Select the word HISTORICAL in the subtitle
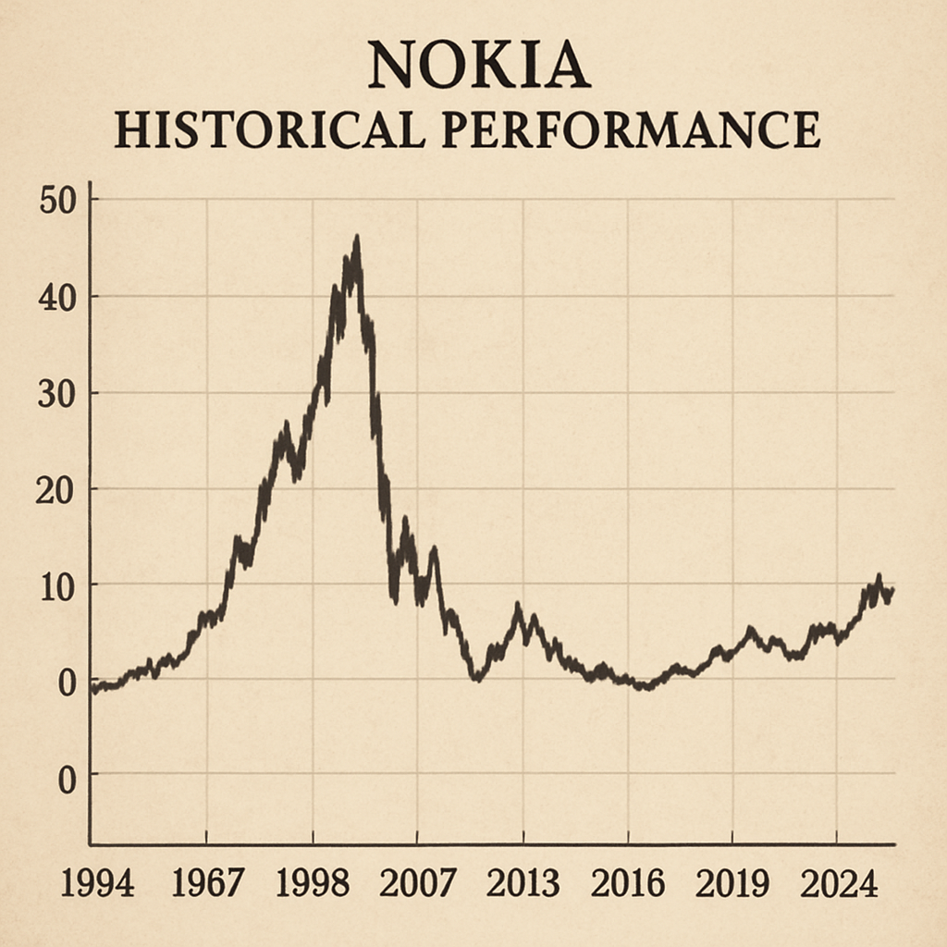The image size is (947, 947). pyautogui.click(x=269, y=130)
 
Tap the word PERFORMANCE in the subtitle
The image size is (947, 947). pyautogui.click(x=631, y=130)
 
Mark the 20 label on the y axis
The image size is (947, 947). pyautogui.click(x=55, y=489)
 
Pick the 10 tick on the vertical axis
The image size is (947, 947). pyautogui.click(x=57, y=586)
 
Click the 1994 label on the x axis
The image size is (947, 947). pyautogui.click(x=97, y=884)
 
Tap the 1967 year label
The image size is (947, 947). pyautogui.click(x=208, y=884)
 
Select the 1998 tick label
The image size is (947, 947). pyautogui.click(x=314, y=884)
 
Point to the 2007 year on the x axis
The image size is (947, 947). pyautogui.click(x=418, y=884)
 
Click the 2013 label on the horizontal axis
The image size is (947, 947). pyautogui.click(x=523, y=884)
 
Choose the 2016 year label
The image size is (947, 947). pyautogui.click(x=628, y=884)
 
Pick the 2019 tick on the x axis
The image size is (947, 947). pyautogui.click(x=732, y=884)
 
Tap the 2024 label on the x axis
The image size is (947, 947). pyautogui.click(x=838, y=884)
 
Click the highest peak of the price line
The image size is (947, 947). pyautogui.click(x=356, y=239)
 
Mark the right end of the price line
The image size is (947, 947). pyautogui.click(x=892, y=591)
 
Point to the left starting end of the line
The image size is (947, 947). pyautogui.click(x=92, y=688)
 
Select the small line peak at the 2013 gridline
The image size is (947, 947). pyautogui.click(x=518, y=607)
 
